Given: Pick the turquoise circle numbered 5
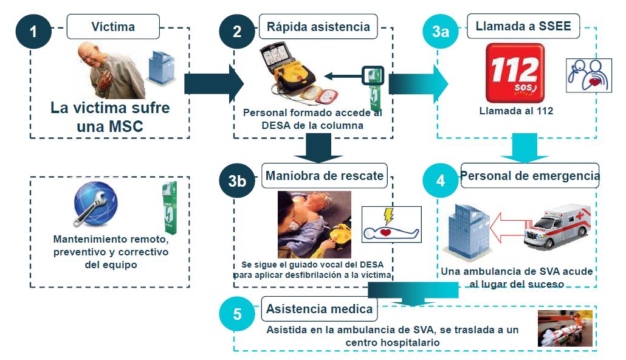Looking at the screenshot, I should [x=238, y=314].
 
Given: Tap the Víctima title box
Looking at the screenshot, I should [x=113, y=27].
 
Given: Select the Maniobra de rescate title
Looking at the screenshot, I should [x=325, y=176].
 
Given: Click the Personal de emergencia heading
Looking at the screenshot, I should [x=530, y=176].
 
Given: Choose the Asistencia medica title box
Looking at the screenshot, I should [x=319, y=309].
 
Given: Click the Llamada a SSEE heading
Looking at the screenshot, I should [x=523, y=27].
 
